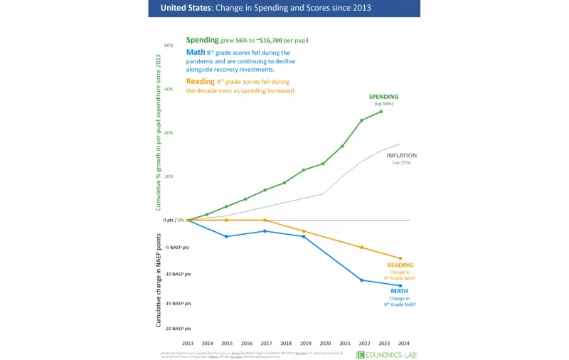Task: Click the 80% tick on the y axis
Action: click(x=169, y=46)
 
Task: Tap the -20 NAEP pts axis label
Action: click(x=176, y=329)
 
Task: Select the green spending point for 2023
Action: click(x=381, y=111)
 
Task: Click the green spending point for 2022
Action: click(x=362, y=120)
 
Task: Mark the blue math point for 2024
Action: click(x=400, y=285)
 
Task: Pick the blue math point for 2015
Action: click(x=226, y=236)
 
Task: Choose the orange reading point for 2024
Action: click(x=400, y=258)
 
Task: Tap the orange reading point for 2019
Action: click(x=304, y=231)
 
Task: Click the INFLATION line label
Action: click(x=401, y=155)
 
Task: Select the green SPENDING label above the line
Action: click(x=383, y=96)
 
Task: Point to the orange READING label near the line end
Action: click(x=400, y=265)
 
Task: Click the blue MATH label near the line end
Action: click(x=399, y=291)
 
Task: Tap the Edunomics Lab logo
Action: click(x=388, y=354)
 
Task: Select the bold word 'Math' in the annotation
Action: click(x=195, y=52)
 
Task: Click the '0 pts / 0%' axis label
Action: click(x=173, y=220)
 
